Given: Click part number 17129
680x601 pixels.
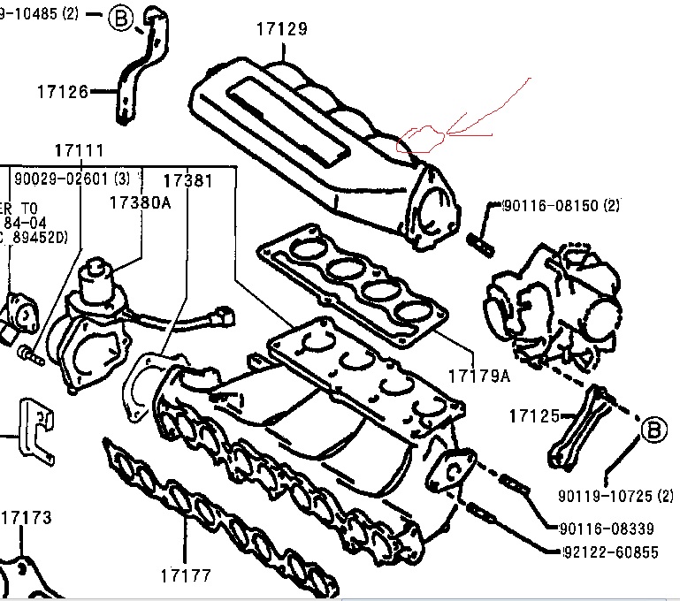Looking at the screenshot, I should coord(282,29).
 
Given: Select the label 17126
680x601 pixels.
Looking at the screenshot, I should coord(62,90).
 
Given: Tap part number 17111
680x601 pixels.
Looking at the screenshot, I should coord(79,151).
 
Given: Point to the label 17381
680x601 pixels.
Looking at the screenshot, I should coord(187,180).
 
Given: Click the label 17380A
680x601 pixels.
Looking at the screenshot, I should coord(140,202).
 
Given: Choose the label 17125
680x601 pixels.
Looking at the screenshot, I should coord(535,413).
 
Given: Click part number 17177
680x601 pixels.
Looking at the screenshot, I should coord(187,576).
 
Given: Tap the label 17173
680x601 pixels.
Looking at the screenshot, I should coord(26,517).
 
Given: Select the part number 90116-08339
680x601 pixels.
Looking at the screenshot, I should coord(607,529).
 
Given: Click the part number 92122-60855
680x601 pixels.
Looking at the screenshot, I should coord(610,552).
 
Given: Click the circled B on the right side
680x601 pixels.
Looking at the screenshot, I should coord(653,430).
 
